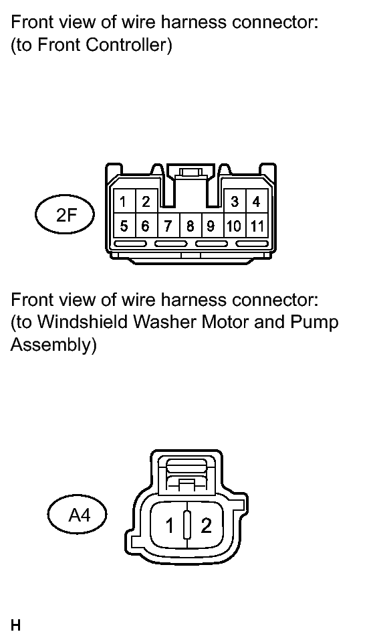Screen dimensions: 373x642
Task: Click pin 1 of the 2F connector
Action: [x=124, y=201]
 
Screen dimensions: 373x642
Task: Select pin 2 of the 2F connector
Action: [x=146, y=201]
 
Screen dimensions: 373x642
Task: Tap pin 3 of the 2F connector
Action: [x=235, y=201]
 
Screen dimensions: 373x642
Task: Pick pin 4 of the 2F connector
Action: [x=257, y=201]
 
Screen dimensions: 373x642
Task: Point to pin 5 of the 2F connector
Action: [x=124, y=225]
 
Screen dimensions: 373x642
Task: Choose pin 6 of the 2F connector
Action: [x=146, y=225]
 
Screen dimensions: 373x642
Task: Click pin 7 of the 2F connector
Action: [x=168, y=225]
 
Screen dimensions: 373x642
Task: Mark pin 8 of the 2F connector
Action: [x=191, y=225]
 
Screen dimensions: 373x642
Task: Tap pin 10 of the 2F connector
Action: [x=235, y=225]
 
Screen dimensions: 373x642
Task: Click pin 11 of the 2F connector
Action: [x=257, y=225]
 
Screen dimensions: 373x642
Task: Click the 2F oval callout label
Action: [x=65, y=214]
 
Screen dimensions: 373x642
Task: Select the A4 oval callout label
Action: [x=77, y=515]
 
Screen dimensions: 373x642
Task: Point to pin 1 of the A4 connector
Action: [x=169, y=526]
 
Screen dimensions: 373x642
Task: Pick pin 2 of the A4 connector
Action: [x=206, y=526]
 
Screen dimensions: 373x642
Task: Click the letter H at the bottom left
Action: [x=15, y=626]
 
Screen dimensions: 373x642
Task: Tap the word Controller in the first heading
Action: [x=129, y=44]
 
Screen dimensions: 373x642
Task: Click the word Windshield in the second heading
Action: [x=83, y=322]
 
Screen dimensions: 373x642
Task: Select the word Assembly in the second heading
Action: [x=53, y=345]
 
